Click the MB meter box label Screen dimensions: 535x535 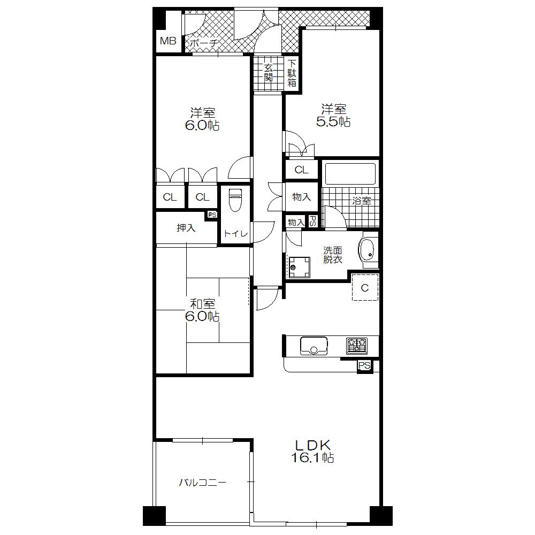click(x=168, y=41)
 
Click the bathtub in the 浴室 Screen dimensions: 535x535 click(x=351, y=174)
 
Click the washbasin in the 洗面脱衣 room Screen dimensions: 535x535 click(x=367, y=250)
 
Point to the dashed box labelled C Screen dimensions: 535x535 click(x=365, y=288)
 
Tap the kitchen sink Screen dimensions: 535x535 click(x=314, y=346)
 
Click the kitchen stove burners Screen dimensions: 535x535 click(x=356, y=346)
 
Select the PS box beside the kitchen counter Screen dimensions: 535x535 click(x=365, y=366)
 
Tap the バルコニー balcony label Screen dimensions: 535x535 click(x=202, y=483)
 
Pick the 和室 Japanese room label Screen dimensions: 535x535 click(x=202, y=303)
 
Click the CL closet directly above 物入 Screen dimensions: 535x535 click(x=302, y=170)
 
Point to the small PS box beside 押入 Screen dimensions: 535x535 click(x=212, y=215)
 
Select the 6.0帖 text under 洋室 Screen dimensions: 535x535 click(x=202, y=126)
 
